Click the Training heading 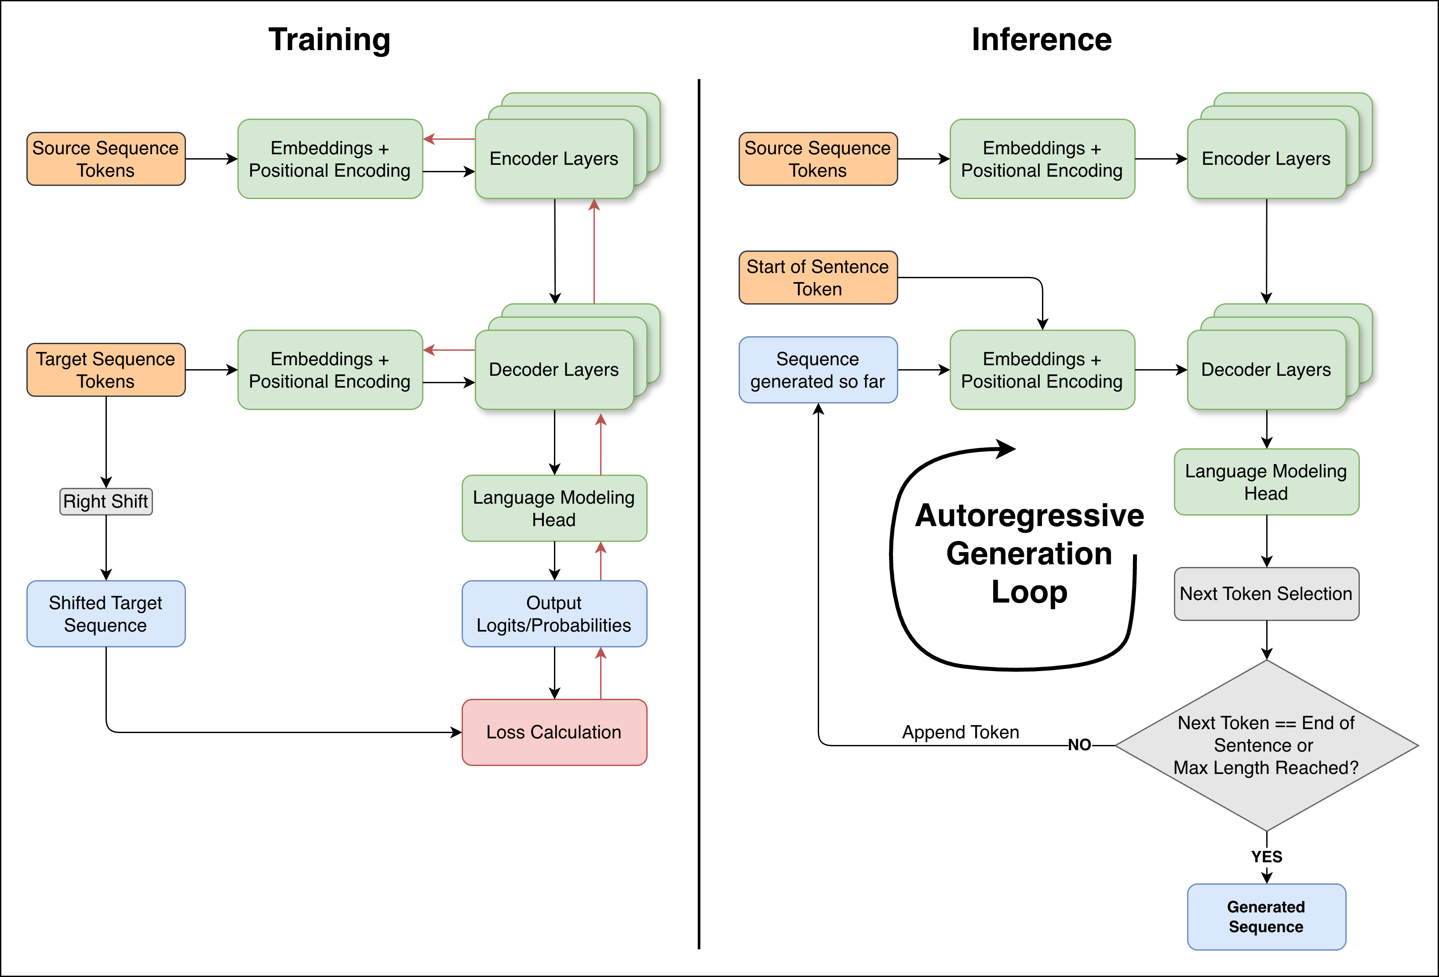329,40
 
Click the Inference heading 1042,40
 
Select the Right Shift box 106,501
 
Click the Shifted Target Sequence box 106,614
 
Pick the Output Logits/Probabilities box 554,614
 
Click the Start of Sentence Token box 817,277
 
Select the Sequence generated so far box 817,370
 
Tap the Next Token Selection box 1266,594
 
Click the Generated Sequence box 1266,916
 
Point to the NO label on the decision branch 1079,745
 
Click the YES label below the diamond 1266,857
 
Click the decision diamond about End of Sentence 1266,745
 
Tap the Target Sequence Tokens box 106,370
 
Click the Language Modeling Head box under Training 554,508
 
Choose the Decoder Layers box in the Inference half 1266,370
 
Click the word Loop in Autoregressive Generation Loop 1029,592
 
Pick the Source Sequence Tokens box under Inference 817,159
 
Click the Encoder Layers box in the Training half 554,159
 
